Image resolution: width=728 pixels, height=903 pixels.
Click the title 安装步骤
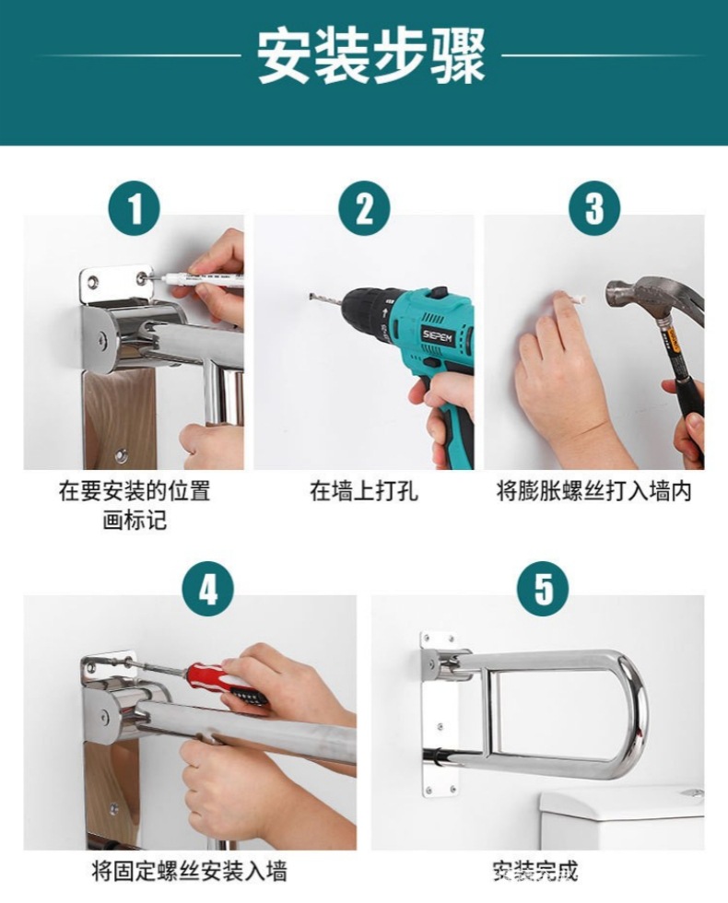tap(370, 56)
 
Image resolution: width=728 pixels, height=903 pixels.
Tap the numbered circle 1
tap(135, 208)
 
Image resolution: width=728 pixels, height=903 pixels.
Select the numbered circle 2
tap(364, 208)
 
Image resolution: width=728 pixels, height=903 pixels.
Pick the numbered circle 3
tap(594, 208)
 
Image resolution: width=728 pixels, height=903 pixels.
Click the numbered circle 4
tap(208, 589)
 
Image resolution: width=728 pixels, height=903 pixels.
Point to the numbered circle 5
tap(543, 589)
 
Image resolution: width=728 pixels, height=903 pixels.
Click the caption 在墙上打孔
tap(364, 491)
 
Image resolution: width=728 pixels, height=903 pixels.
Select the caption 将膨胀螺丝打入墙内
tap(594, 491)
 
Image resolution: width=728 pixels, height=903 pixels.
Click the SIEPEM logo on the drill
tap(439, 335)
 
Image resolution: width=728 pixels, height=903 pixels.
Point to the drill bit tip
tap(310, 296)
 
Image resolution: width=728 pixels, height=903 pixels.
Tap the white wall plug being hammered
tap(577, 299)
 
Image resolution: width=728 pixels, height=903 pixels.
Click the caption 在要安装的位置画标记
tap(135, 505)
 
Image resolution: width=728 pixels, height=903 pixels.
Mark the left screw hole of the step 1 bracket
tap(93, 283)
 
